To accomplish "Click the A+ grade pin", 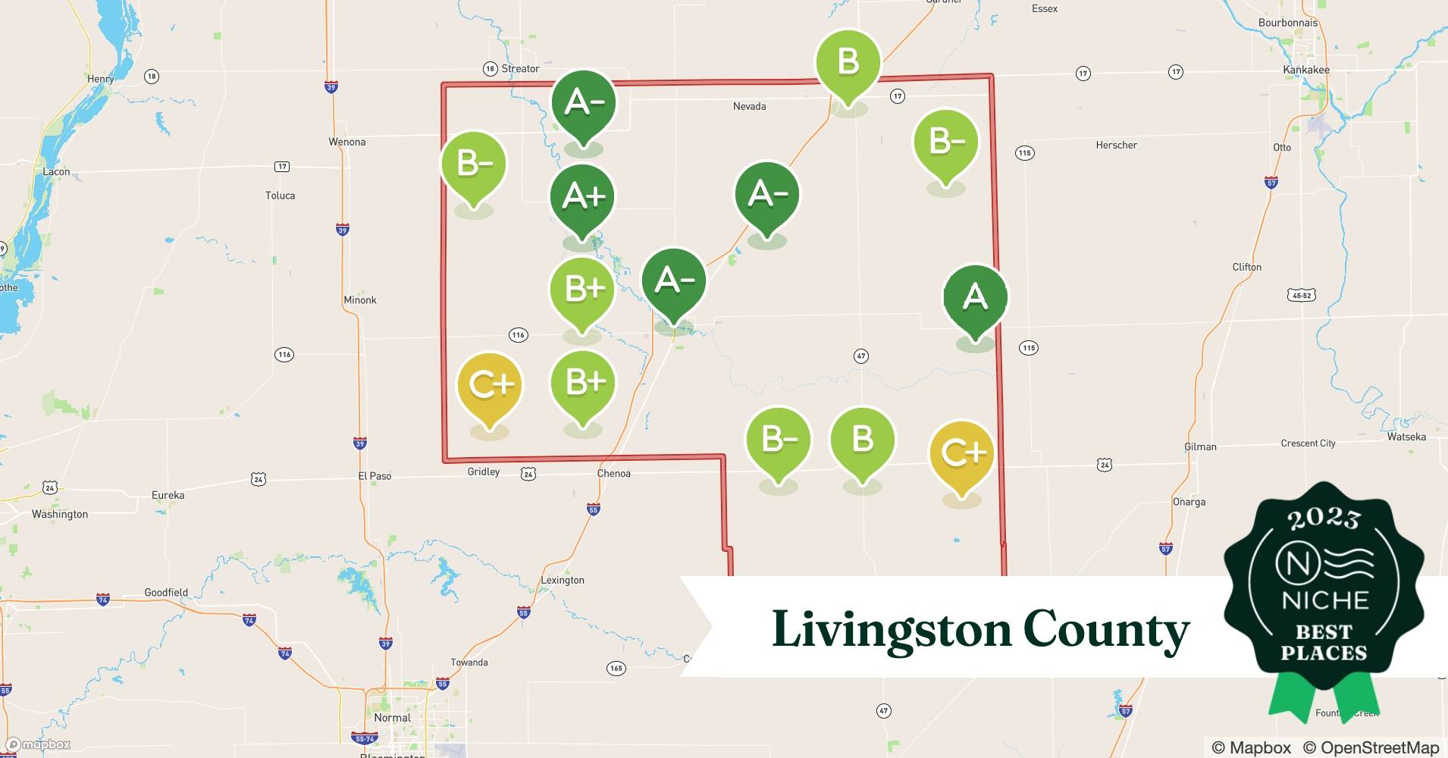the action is tap(582, 197).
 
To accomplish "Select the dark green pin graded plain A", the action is tap(975, 296).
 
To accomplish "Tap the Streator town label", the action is tap(520, 68).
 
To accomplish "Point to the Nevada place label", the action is tap(749, 106).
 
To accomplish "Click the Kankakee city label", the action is tap(1305, 70).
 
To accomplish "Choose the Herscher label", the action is tap(1116, 145).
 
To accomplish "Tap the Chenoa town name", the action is tap(613, 474).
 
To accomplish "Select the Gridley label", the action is tap(484, 471).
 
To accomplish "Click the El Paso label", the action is tap(375, 476).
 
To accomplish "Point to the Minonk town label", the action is tap(359, 300).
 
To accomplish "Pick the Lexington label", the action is tap(562, 581).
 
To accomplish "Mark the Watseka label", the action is tap(1406, 437).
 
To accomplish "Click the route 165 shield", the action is tap(616, 668).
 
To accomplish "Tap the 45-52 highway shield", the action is tap(1301, 295).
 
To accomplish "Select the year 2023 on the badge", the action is tap(1324, 518).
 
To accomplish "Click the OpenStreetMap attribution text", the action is tap(1371, 747).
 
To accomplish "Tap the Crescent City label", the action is tap(1308, 443).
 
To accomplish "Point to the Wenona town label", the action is tap(347, 142).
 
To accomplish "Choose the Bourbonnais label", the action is tap(1287, 23).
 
